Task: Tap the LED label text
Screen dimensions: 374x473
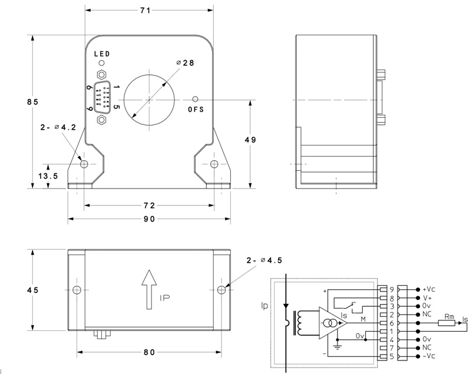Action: coord(102,54)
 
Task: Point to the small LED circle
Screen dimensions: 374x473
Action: coord(102,63)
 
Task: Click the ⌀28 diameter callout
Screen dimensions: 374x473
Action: coord(185,62)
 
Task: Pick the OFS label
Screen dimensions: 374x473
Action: coord(196,110)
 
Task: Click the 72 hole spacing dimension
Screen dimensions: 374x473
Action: coord(148,205)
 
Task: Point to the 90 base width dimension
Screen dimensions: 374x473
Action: coord(148,219)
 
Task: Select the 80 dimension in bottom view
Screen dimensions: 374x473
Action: coord(148,352)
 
